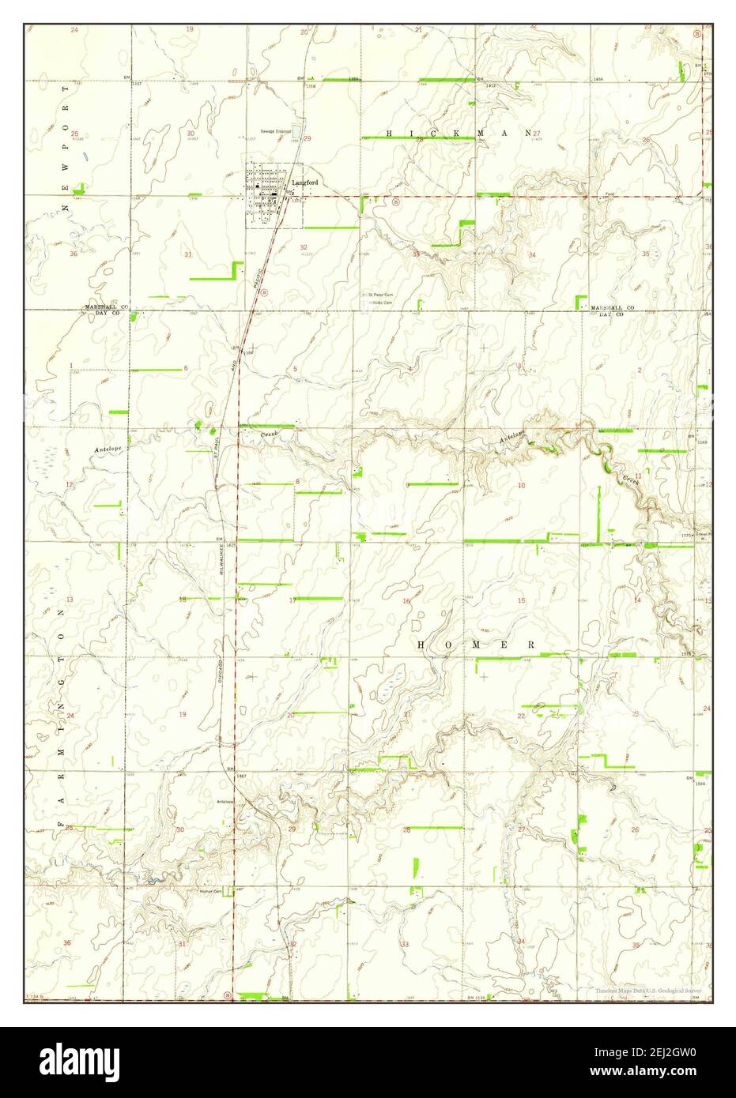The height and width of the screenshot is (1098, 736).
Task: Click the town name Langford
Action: point(304,182)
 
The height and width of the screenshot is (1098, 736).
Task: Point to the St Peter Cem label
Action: point(379,295)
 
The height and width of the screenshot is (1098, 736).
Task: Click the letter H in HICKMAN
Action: point(388,134)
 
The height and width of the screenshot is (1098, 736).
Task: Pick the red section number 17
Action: point(293,600)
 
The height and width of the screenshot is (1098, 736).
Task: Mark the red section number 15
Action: point(521,601)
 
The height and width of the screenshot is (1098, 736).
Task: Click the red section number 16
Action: point(406,601)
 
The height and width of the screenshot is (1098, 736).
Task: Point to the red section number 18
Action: point(183,600)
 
